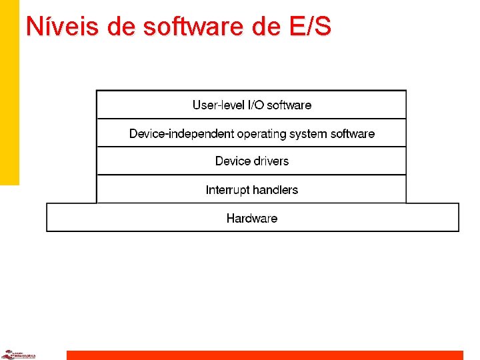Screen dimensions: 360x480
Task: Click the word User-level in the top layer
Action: (217, 105)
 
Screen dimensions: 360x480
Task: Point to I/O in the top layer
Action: (255, 105)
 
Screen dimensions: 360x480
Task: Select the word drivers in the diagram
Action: (270, 161)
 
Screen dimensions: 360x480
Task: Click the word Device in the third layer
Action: (231, 161)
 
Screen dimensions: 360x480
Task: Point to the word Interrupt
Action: (227, 190)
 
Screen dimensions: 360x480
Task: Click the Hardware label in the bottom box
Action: (252, 218)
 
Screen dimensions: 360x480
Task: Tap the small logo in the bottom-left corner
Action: (17, 355)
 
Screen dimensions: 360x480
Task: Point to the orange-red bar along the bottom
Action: (264, 355)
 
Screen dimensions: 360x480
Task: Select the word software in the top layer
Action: (289, 105)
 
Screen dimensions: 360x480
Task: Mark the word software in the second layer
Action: (353, 134)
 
